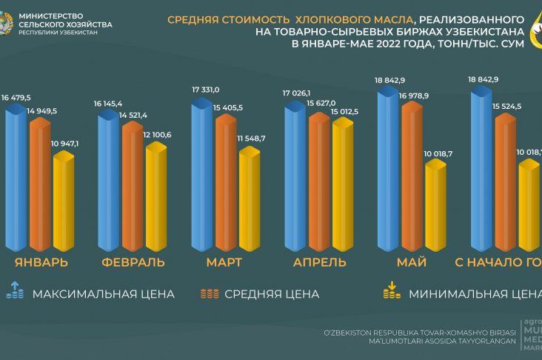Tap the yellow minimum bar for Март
pos(250,200)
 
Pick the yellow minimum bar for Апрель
pos(344,185)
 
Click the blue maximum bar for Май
pos(389,170)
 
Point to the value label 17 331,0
pos(205,90)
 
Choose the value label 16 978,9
pos(414,95)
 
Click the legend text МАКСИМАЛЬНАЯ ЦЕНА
pos(104,294)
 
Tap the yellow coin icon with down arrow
pos(390,290)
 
